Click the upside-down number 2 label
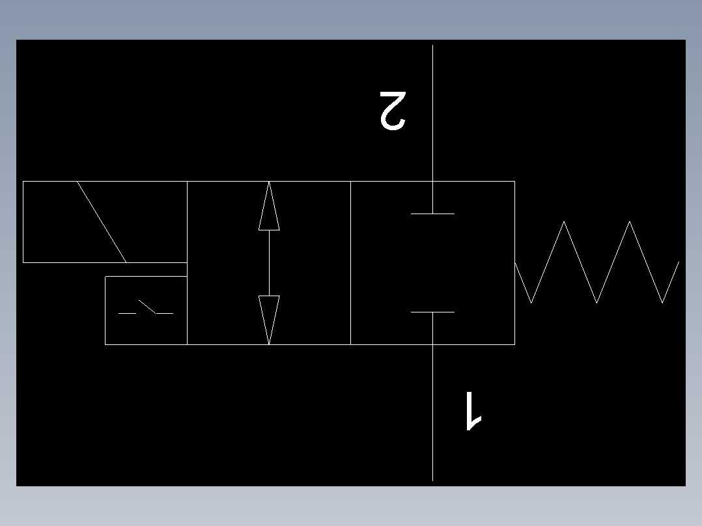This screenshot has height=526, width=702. point(393,111)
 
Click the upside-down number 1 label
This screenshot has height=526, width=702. point(473,411)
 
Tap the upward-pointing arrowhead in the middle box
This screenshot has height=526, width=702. point(269,206)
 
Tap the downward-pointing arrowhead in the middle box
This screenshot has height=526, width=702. point(269,320)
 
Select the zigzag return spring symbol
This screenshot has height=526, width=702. point(597,262)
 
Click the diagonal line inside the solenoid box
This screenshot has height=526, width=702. point(102,222)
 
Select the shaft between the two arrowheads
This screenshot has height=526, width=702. point(269,263)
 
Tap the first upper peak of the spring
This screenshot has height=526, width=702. point(564,221)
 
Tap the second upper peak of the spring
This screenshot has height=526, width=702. point(630,221)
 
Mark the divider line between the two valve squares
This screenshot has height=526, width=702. point(350,263)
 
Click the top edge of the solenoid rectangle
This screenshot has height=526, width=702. point(105,182)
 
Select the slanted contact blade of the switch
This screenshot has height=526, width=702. point(147,307)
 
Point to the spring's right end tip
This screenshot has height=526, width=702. point(679,262)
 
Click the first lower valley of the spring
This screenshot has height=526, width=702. point(531,303)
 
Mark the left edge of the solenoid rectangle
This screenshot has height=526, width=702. point(23,222)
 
